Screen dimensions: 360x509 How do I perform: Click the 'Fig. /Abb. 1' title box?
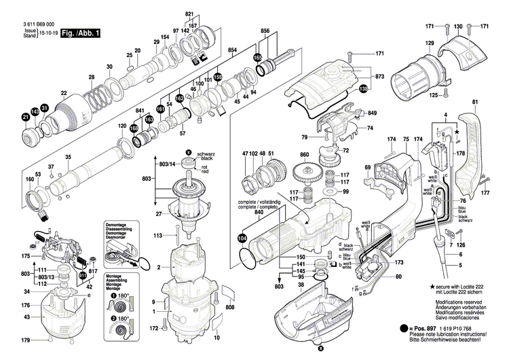pyautogui.click(x=79, y=33)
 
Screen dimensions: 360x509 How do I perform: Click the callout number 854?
pyautogui.click(x=232, y=51)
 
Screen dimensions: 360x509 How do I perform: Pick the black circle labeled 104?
pyautogui.click(x=242, y=238)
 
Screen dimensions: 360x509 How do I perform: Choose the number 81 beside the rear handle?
pyautogui.click(x=475, y=102)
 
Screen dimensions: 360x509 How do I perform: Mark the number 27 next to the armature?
pyautogui.click(x=158, y=214)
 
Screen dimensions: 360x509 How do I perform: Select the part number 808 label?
pyautogui.click(x=229, y=308)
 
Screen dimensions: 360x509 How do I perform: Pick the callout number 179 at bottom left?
pyautogui.click(x=25, y=340)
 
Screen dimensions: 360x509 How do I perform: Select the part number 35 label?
pyautogui.click(x=67, y=158)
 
